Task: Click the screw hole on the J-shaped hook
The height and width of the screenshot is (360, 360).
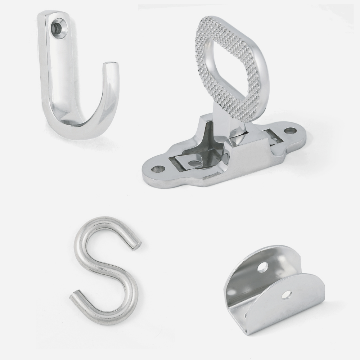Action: click(x=58, y=26)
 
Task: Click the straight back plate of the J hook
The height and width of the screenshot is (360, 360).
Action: click(x=59, y=72)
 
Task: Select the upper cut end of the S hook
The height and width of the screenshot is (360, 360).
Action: click(x=138, y=245)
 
